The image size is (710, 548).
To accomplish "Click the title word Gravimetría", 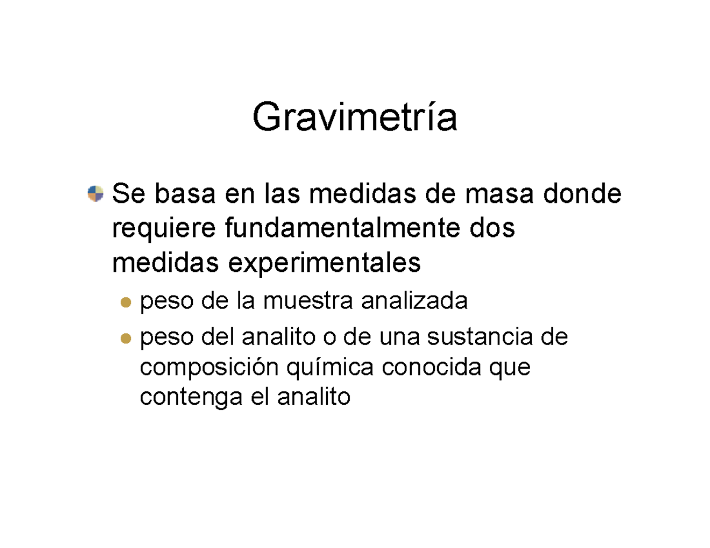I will (354, 118).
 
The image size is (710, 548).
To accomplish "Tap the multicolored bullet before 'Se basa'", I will (95, 193).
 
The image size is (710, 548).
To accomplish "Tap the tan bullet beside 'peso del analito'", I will (125, 339).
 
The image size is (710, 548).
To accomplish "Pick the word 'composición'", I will (209, 368).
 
